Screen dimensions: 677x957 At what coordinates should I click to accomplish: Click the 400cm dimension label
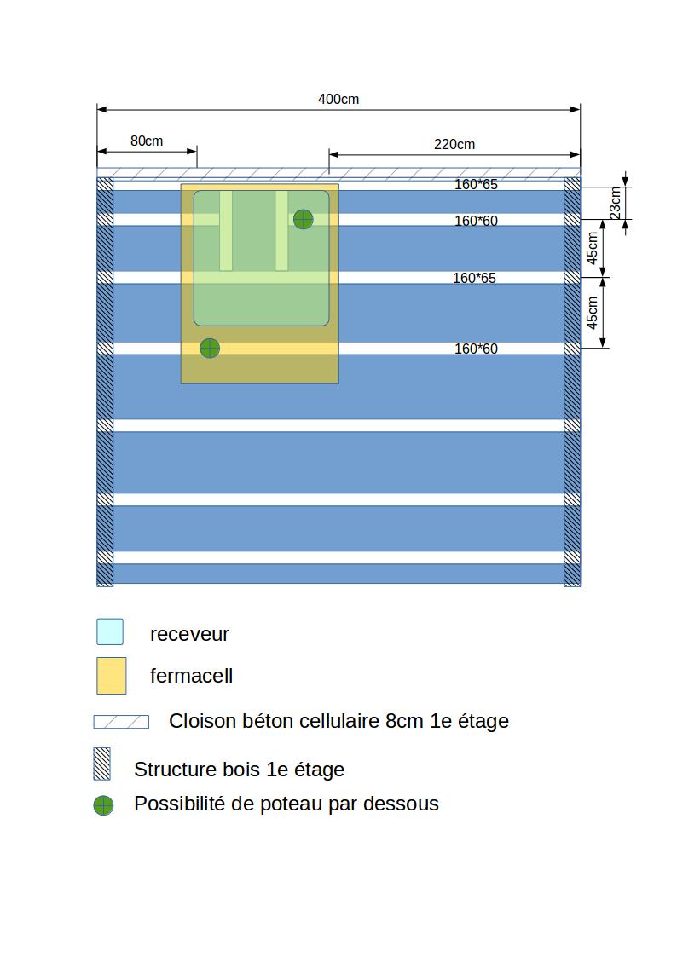click(x=338, y=99)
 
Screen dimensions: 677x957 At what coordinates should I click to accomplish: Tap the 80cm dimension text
click(x=147, y=141)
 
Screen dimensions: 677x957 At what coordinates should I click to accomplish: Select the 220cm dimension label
click(x=454, y=144)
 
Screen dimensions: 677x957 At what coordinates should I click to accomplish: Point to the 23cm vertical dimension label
click(x=616, y=203)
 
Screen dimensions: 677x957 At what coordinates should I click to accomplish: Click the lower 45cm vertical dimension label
click(x=593, y=312)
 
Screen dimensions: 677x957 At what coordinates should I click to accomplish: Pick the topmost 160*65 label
click(x=475, y=184)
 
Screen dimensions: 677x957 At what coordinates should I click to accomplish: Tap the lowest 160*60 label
click(x=475, y=349)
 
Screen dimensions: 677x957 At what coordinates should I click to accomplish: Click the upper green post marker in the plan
click(x=303, y=219)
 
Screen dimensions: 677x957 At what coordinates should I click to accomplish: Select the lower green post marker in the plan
click(x=210, y=348)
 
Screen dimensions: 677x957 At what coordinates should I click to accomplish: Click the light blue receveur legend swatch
click(x=110, y=631)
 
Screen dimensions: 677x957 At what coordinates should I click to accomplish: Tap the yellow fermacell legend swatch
click(x=112, y=676)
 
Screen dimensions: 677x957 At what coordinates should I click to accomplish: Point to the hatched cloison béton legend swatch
click(x=121, y=722)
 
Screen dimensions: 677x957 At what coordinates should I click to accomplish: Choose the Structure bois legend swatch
click(x=102, y=764)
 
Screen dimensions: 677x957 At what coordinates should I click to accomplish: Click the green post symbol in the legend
click(x=103, y=805)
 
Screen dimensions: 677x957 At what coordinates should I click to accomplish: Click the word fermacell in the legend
click(x=191, y=676)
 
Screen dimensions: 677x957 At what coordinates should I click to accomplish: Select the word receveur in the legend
click(x=189, y=634)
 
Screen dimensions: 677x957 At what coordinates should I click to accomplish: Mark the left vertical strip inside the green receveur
click(x=226, y=230)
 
